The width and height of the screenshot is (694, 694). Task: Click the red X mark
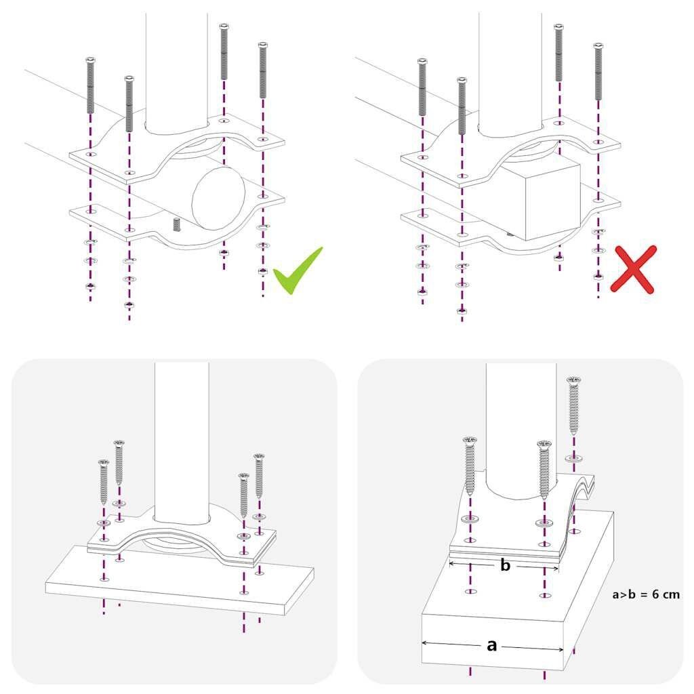coord(633,270)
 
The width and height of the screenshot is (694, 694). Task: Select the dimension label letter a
coord(492,645)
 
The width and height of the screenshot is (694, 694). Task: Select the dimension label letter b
coord(505,565)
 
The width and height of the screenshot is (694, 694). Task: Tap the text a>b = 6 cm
coord(645,594)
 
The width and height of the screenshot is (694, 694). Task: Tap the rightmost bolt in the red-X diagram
coord(598,70)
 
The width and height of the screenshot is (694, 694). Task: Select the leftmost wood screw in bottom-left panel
coord(104,481)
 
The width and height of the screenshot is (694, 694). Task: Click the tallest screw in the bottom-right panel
coord(574,407)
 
